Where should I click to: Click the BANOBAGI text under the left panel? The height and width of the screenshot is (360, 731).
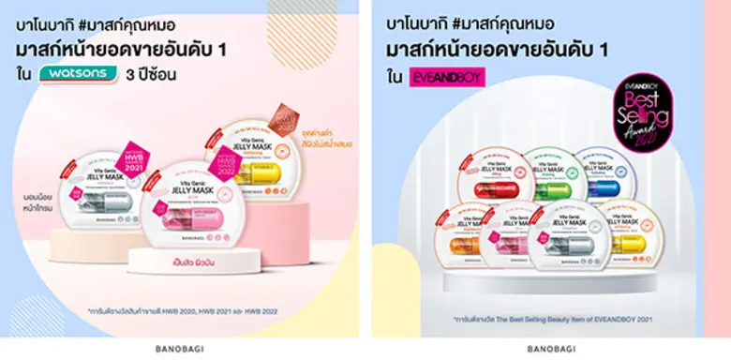point(178,348)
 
